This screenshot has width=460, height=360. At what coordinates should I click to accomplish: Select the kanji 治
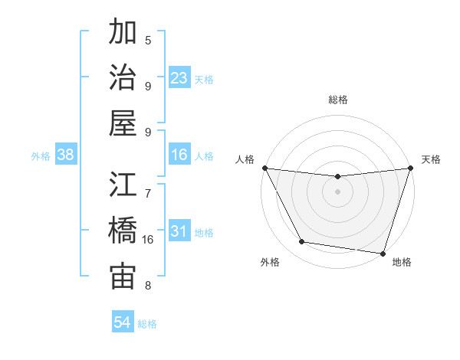pyautogui.click(x=123, y=77)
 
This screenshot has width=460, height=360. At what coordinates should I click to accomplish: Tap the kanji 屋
pyautogui.click(x=123, y=123)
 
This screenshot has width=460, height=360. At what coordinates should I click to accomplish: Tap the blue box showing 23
pyautogui.click(x=179, y=78)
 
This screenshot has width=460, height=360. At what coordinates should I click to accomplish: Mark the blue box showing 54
pyautogui.click(x=123, y=322)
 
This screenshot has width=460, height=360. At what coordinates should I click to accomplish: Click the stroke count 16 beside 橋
pyautogui.click(x=148, y=240)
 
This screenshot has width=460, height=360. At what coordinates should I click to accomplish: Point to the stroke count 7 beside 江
pyautogui.click(x=148, y=186)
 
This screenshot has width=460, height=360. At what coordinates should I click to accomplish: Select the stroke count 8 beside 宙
pyautogui.click(x=148, y=286)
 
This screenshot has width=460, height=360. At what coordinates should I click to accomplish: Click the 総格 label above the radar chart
pyautogui.click(x=337, y=100)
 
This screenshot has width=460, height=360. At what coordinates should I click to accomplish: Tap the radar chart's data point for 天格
pyautogui.click(x=410, y=169)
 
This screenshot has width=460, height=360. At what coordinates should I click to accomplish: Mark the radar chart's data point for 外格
pyautogui.click(x=302, y=242)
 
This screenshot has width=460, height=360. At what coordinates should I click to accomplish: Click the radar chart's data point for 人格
pyautogui.click(x=265, y=168)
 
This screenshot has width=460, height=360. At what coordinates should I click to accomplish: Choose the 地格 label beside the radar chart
pyautogui.click(x=402, y=263)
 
